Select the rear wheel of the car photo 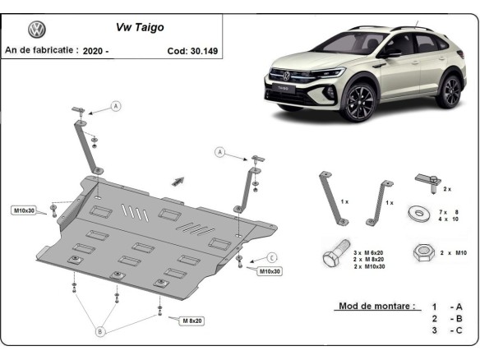[448, 90]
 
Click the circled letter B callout [100, 332]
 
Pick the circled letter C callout [272, 257]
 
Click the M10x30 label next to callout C [269, 271]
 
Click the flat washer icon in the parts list [420, 215]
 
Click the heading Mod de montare [377, 306]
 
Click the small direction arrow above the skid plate [178, 180]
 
